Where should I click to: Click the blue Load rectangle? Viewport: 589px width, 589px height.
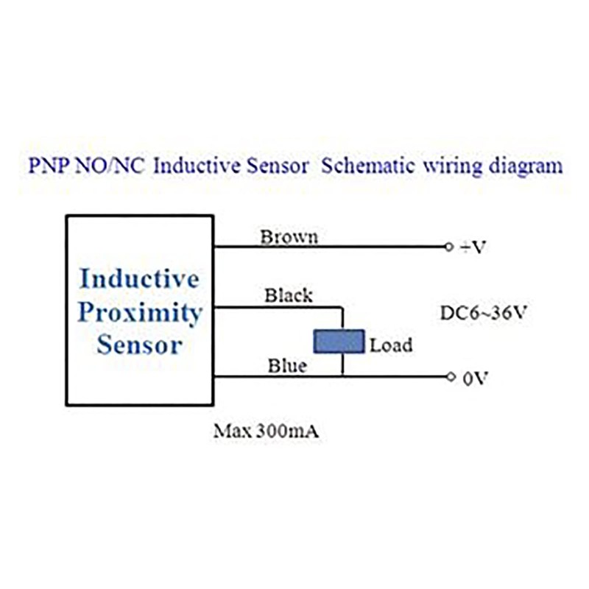339,342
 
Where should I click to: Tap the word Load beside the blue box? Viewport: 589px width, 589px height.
391,345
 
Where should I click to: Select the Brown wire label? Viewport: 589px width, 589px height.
289,237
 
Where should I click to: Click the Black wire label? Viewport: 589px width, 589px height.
289,295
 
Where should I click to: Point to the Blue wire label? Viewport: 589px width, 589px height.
287,365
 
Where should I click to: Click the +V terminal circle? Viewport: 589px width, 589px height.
448,247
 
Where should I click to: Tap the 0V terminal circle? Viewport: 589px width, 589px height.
451,376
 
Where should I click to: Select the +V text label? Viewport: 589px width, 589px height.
473,247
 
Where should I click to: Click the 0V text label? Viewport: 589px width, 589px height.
475,378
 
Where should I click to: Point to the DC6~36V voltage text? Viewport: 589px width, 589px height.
484,312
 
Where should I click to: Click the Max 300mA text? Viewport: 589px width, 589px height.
266,431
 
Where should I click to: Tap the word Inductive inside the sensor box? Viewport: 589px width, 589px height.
139,278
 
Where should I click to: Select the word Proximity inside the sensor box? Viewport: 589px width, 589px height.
140,313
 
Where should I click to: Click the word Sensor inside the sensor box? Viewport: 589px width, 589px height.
140,344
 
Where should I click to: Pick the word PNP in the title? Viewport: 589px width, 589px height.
49,166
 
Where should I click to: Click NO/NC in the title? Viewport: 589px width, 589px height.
110,166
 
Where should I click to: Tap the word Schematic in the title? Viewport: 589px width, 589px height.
368,166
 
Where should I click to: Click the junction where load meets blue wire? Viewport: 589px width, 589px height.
342,376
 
